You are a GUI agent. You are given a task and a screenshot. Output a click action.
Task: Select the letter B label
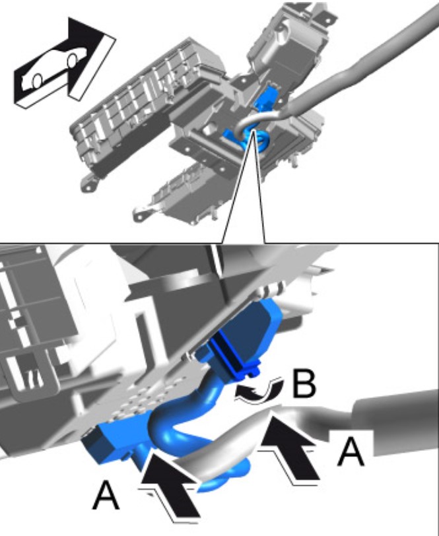click(304, 384)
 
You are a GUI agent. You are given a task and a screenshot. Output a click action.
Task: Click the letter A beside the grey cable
click(351, 452)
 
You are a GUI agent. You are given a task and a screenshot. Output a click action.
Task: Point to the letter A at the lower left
click(106, 495)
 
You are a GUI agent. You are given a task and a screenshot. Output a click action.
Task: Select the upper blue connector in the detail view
click(246, 339)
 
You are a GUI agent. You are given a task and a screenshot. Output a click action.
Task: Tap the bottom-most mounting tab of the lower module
click(141, 215)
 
